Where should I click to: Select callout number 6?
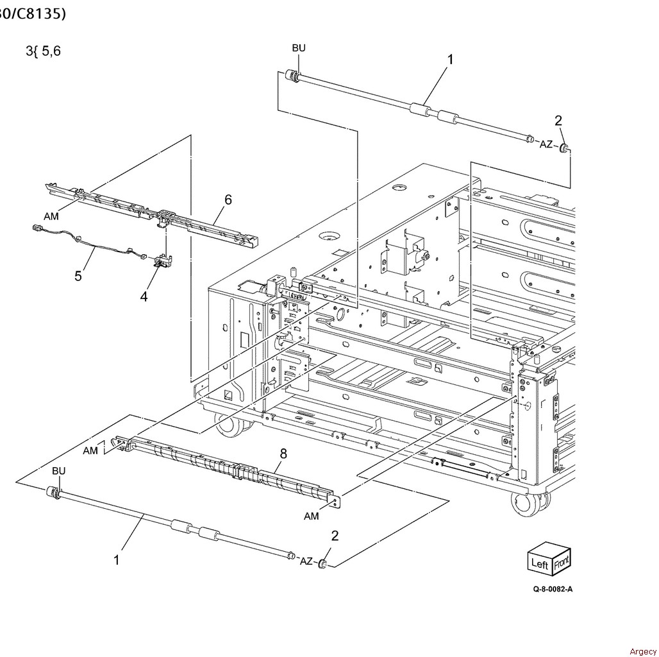coord(228,200)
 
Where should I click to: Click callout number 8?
coord(283,454)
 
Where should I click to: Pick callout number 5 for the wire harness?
coord(78,276)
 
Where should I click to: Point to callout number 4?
coord(144,296)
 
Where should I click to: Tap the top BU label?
coord(299,47)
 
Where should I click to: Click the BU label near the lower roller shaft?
coord(58,471)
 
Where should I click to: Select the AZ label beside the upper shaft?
coord(546,144)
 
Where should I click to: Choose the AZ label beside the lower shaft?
coord(306,561)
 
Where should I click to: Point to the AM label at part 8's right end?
coord(312,516)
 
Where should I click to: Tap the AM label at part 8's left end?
coord(90,450)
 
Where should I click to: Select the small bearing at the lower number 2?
coord(324,565)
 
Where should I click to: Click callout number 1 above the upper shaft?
coord(450,59)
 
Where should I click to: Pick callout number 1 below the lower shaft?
coord(117,560)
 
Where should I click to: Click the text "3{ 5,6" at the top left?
coord(43,51)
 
